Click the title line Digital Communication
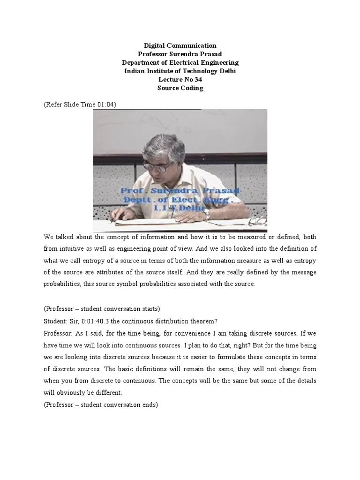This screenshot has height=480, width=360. point(180,46)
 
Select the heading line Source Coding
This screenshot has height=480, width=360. point(180,88)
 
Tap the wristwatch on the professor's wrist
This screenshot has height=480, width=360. point(207,214)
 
